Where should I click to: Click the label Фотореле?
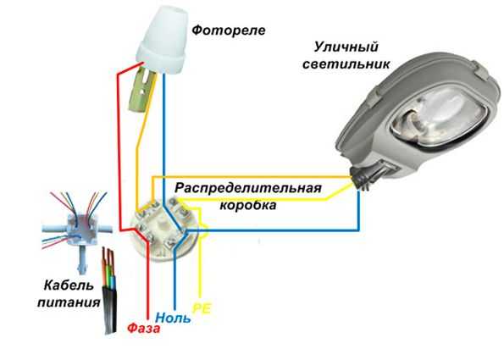coord(229,30)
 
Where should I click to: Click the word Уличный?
coord(346,47)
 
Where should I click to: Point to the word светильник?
coord(346,64)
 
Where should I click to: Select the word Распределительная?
coord(248,189)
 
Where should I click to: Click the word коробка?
coord(248,205)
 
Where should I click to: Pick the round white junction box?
coord(164,230)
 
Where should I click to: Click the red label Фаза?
coord(143,329)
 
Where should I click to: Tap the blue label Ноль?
coord(173,318)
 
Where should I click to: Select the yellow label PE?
coord(202,308)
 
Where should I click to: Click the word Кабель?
coord(69,285)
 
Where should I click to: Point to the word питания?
coord(69,302)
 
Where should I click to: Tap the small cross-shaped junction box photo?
coord(77,229)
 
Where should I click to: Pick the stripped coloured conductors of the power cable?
coord(108,267)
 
